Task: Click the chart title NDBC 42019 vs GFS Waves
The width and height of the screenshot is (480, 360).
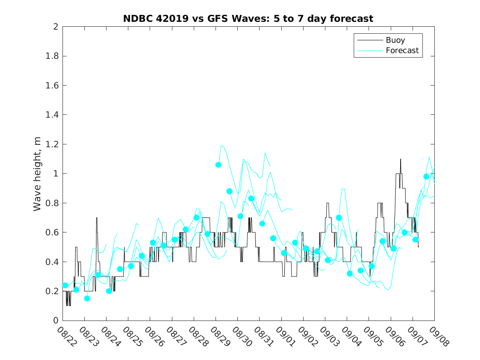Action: [x=248, y=19]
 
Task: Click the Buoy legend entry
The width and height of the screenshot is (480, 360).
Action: [x=395, y=40]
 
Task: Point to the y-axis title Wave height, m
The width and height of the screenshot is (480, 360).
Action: [x=37, y=174]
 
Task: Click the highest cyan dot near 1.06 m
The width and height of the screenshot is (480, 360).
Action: [x=218, y=165]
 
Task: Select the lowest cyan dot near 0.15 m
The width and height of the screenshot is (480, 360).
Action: [x=87, y=298]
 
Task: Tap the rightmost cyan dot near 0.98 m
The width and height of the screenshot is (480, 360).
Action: [x=427, y=177]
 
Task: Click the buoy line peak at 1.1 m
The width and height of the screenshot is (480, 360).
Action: [x=401, y=159]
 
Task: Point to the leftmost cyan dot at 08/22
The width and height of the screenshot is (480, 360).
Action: [x=65, y=285]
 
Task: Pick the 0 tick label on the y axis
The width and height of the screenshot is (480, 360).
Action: [x=55, y=321]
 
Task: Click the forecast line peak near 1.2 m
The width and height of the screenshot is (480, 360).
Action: [x=221, y=145]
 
